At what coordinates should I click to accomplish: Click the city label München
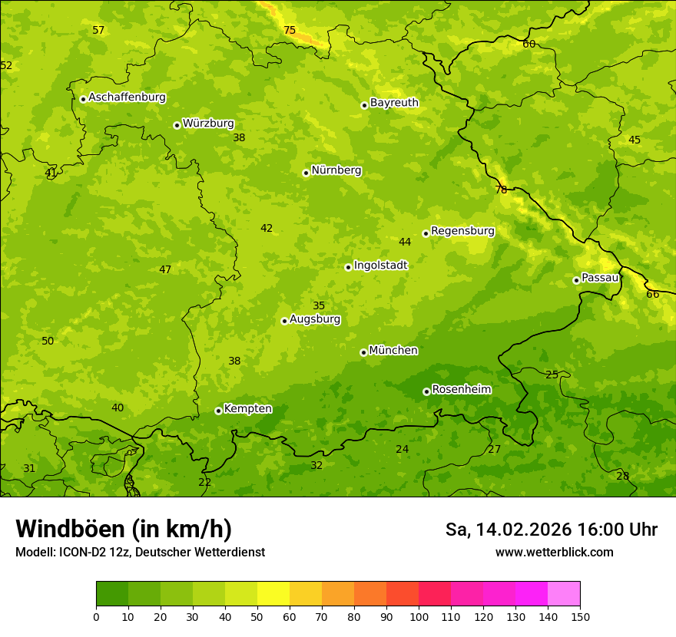[x=393, y=351]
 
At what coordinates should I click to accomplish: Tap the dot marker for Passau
[x=576, y=280]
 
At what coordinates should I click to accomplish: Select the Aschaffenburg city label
[x=127, y=97]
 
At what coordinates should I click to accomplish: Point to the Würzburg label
[x=208, y=124]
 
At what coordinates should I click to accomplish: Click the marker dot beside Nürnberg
[x=306, y=173]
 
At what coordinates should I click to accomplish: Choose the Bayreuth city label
[x=394, y=103]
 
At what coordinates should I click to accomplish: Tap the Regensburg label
[x=462, y=231]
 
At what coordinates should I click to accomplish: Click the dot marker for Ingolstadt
[x=348, y=267]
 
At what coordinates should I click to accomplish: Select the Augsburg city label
[x=315, y=319]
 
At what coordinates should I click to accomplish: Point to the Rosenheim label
[x=462, y=390]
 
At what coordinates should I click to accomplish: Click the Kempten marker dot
[x=218, y=411]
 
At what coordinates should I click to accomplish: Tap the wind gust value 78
[x=501, y=190]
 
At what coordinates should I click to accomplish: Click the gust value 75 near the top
[x=290, y=31]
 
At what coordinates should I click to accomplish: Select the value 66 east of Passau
[x=652, y=295]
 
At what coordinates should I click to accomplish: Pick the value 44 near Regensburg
[x=405, y=243]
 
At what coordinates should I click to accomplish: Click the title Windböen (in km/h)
[x=124, y=529]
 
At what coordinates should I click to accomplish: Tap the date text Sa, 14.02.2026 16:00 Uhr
[x=551, y=530]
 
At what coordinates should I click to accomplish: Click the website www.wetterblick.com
[x=554, y=553]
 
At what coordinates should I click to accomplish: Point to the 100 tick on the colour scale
[x=419, y=616]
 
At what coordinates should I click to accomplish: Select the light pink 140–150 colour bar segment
[x=564, y=594]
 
